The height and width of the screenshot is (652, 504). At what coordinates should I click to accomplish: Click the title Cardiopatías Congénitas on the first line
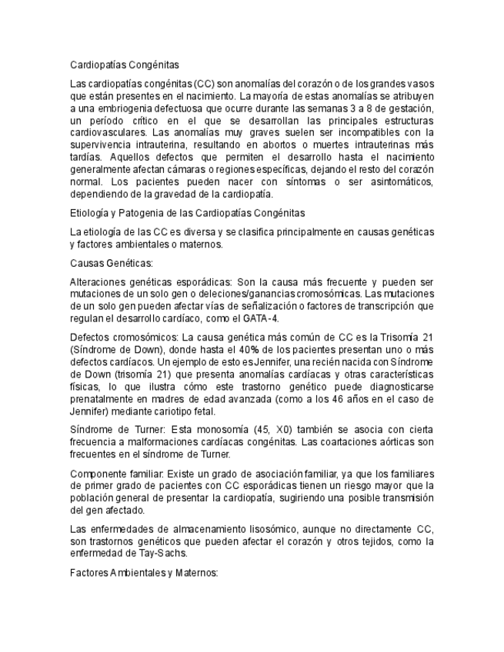pyautogui.click(x=124, y=66)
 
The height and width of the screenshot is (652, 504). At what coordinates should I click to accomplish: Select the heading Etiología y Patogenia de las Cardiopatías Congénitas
pyautogui.click(x=187, y=212)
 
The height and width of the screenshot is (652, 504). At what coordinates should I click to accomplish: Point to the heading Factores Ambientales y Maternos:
pyautogui.click(x=144, y=573)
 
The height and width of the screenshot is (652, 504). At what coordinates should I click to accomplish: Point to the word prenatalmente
pyautogui.click(x=104, y=400)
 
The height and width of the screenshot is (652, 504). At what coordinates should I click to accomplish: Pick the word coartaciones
pyautogui.click(x=353, y=442)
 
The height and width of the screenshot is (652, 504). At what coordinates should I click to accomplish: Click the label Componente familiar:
pyautogui.click(x=118, y=473)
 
